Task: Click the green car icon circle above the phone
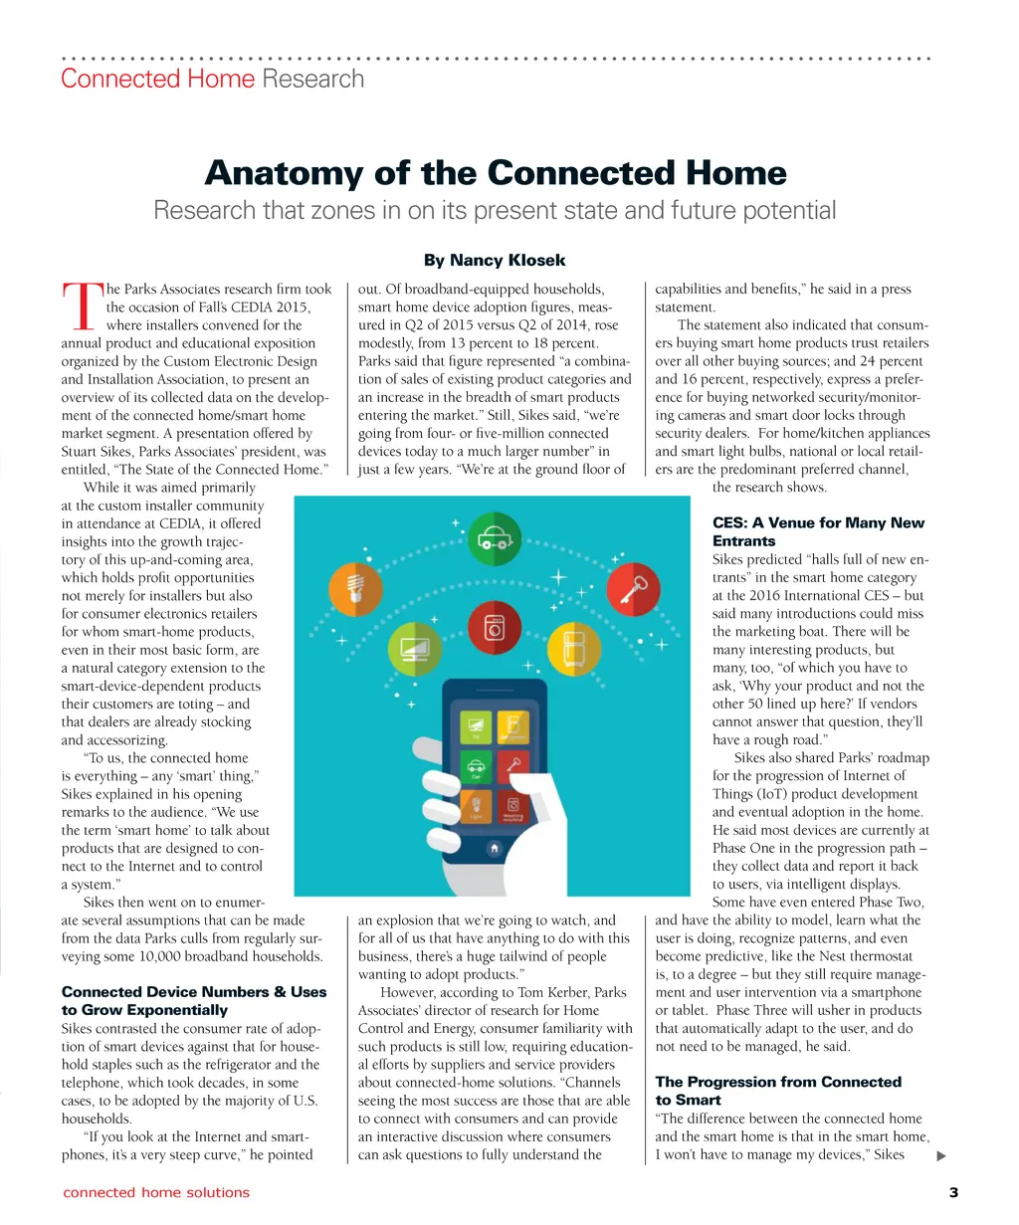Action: pyautogui.click(x=493, y=539)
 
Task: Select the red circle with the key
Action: pyautogui.click(x=632, y=590)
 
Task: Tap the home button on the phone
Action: pyautogui.click(x=494, y=849)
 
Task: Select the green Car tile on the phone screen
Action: pyautogui.click(x=475, y=767)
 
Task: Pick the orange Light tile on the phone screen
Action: pyautogui.click(x=475, y=806)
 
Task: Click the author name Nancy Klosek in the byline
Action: pyautogui.click(x=508, y=261)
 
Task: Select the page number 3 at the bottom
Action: pyautogui.click(x=953, y=1192)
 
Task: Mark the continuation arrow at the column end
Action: pyautogui.click(x=941, y=1156)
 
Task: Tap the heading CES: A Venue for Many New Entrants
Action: pyautogui.click(x=818, y=531)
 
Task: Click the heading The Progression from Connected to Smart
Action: pyautogui.click(x=778, y=1091)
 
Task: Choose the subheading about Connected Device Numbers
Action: pyautogui.click(x=193, y=1000)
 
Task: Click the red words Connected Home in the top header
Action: pyautogui.click(x=158, y=80)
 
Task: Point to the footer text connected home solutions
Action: pyautogui.click(x=156, y=1192)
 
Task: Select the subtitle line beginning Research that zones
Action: pyautogui.click(x=495, y=211)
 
